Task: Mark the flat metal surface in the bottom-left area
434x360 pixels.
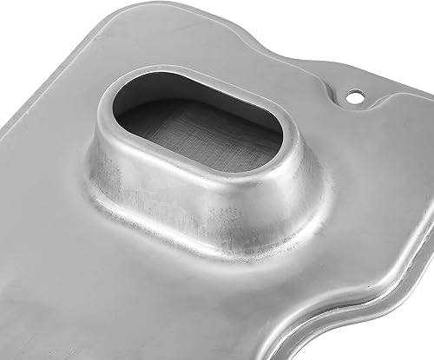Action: click(x=69, y=286)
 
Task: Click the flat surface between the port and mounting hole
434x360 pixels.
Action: click(x=330, y=130)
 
